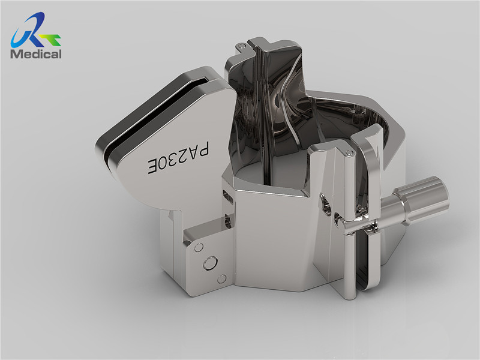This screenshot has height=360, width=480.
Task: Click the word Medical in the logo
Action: [x=36, y=54]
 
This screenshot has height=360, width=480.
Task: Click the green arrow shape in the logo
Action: [x=50, y=39]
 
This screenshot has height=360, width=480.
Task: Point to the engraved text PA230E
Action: [x=179, y=158]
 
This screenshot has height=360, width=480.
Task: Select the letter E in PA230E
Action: [x=154, y=167]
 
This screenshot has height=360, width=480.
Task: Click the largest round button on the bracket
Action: [x=211, y=263]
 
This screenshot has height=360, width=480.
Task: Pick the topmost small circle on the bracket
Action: [x=199, y=247]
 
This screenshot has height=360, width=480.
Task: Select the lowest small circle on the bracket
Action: [x=221, y=279]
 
